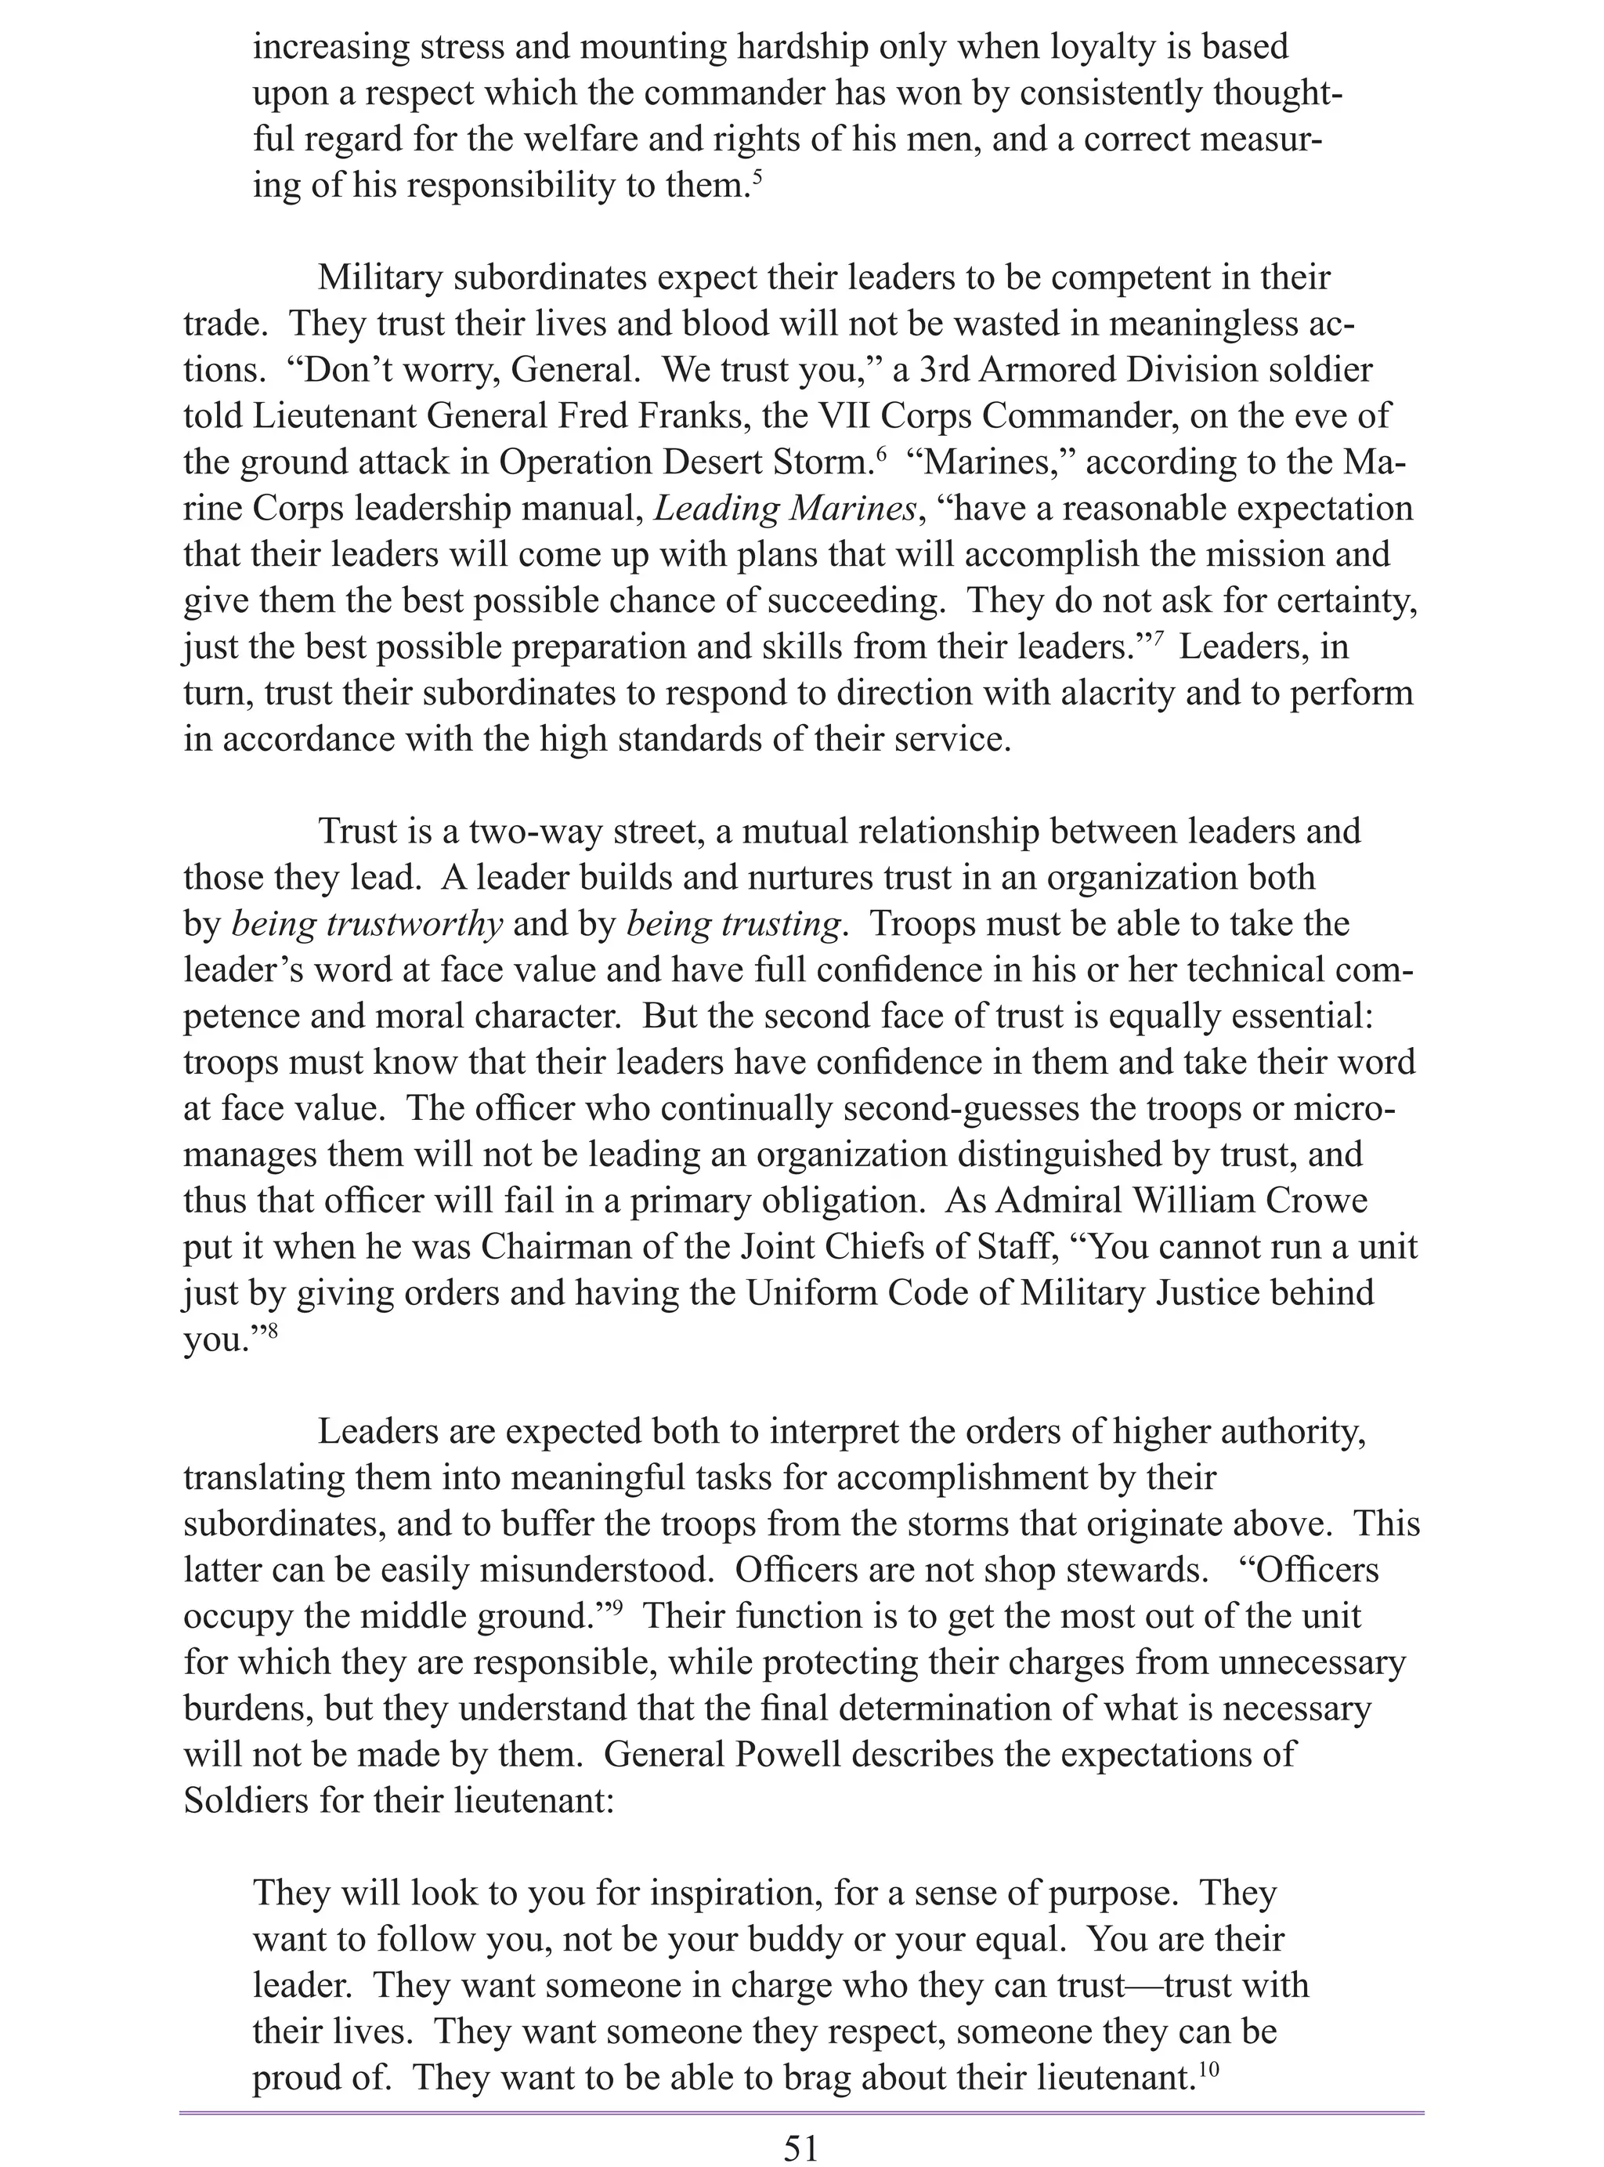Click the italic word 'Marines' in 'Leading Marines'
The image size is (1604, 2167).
tap(851, 508)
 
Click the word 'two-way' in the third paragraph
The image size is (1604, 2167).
tap(530, 832)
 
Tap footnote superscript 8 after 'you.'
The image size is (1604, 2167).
tap(272, 1330)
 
